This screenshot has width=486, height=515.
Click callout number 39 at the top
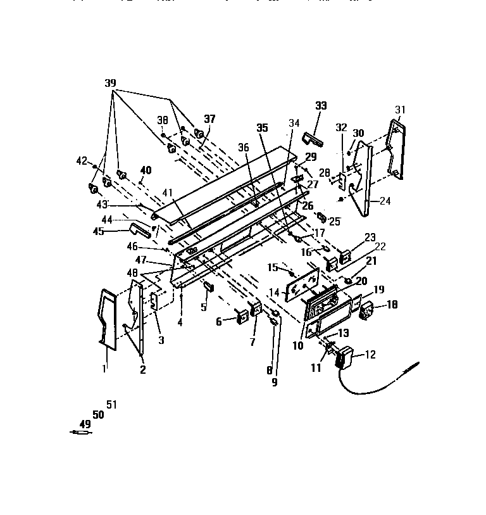click(x=111, y=84)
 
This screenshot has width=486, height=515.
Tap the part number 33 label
click(x=321, y=106)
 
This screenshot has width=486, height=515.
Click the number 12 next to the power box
click(x=370, y=355)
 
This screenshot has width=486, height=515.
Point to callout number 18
click(x=392, y=305)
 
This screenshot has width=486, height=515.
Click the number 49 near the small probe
click(x=85, y=424)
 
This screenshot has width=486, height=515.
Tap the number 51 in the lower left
click(x=111, y=405)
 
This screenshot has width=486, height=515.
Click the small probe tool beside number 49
click(x=82, y=433)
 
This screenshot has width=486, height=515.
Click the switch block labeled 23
click(x=346, y=257)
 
